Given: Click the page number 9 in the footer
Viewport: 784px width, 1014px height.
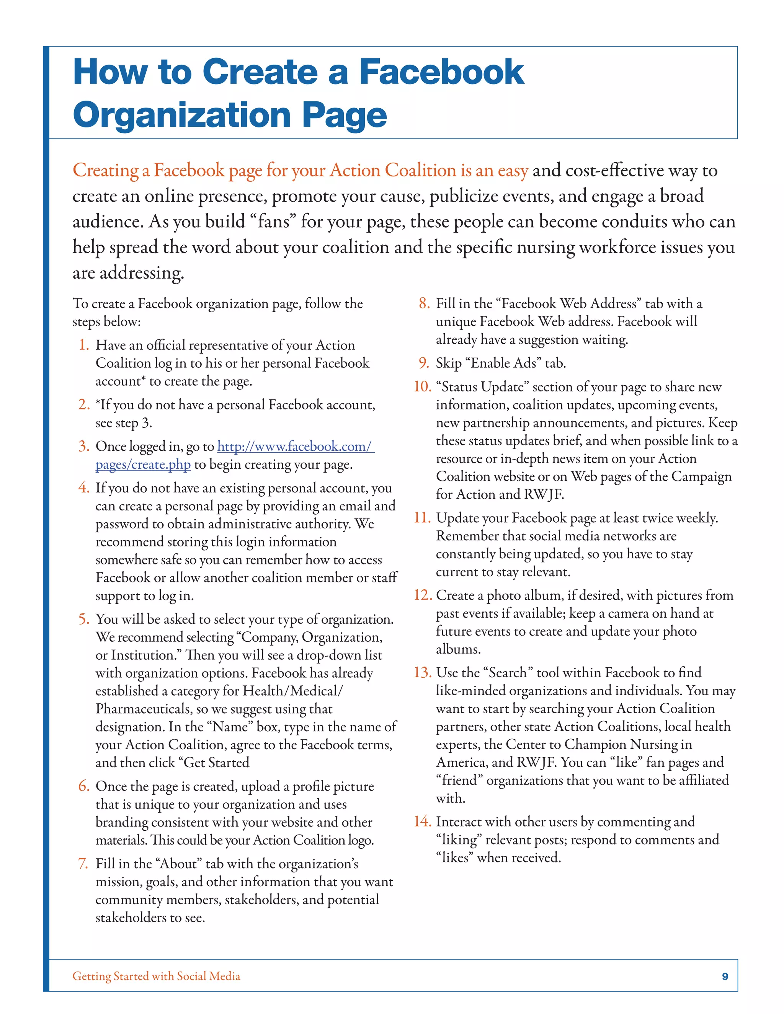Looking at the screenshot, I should (725, 977).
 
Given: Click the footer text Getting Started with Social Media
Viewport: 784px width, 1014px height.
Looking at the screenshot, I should (157, 976).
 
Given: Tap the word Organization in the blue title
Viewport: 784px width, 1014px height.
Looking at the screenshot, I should (181, 115).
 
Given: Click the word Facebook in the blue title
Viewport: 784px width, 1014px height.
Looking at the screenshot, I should (442, 72).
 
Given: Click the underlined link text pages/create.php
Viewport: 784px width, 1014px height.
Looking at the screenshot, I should (143, 465).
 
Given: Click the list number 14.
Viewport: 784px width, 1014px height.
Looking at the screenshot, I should (422, 821).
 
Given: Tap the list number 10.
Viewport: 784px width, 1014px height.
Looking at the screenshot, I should (422, 386).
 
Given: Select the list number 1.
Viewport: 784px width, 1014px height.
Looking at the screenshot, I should (83, 345).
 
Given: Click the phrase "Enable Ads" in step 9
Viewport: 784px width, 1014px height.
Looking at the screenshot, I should (503, 363).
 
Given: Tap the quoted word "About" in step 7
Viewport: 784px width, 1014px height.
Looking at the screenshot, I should (178, 864).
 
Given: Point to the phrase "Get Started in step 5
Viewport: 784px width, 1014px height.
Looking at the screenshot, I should (214, 763).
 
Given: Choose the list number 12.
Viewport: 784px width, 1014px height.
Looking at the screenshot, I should (422, 595).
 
